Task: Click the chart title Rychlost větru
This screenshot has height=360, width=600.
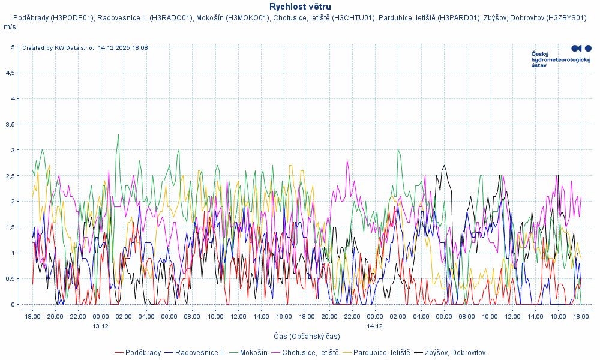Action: click(x=300, y=7)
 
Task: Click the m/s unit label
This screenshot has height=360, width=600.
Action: click(x=10, y=27)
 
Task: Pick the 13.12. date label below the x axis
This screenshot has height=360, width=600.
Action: click(x=101, y=326)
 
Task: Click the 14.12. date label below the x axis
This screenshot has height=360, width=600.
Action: click(x=375, y=326)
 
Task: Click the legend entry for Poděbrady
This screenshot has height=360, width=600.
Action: click(x=143, y=352)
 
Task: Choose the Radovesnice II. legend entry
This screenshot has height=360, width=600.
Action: click(x=200, y=352)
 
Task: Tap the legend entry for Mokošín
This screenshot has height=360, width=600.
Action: click(x=253, y=352)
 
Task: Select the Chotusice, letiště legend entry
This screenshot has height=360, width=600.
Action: click(x=310, y=352)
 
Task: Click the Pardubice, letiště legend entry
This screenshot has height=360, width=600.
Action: click(x=381, y=352)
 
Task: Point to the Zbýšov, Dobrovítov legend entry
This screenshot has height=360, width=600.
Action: click(x=455, y=352)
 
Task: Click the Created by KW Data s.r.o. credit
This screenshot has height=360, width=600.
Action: click(x=85, y=48)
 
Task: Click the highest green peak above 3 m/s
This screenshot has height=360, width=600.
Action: click(x=118, y=135)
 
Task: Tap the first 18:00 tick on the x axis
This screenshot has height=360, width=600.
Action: click(x=32, y=316)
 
